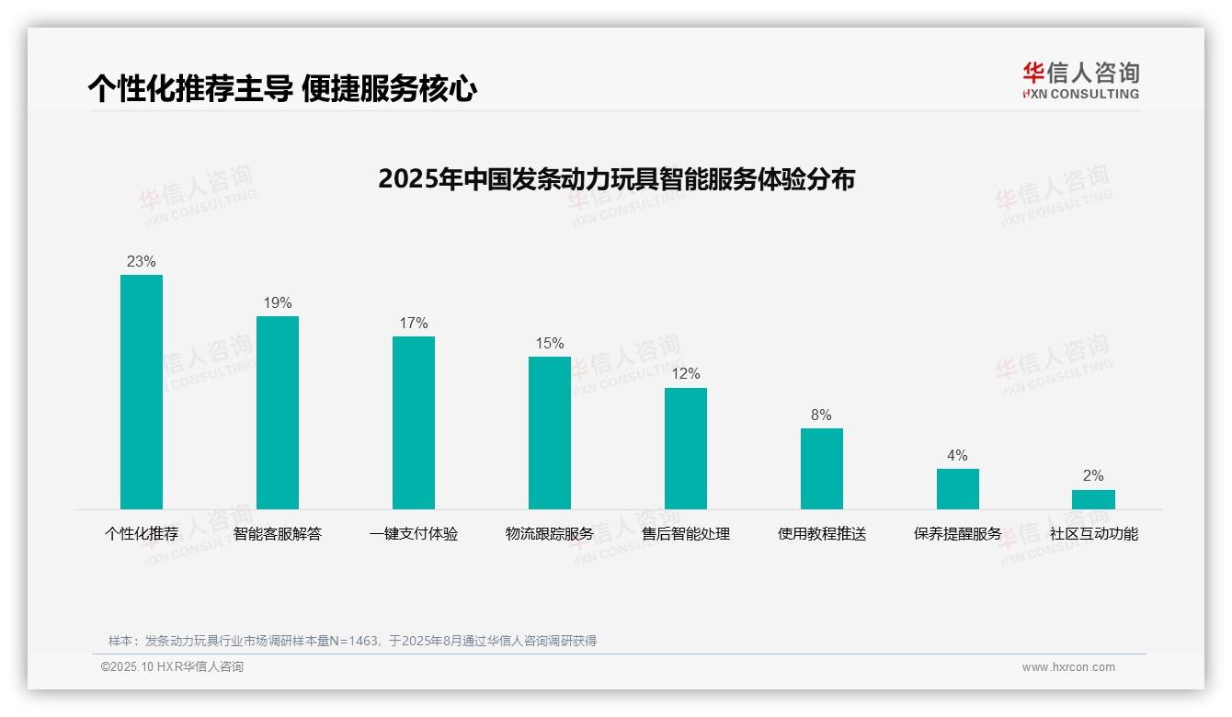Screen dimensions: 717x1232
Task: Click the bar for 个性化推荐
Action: click(x=142, y=392)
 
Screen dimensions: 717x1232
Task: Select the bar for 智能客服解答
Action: click(x=278, y=412)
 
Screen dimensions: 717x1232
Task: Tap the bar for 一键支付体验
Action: click(x=414, y=422)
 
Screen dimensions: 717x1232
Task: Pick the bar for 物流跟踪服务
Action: click(x=550, y=432)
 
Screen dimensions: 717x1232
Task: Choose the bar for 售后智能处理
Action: click(x=686, y=448)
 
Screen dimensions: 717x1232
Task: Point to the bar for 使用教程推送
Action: click(x=822, y=468)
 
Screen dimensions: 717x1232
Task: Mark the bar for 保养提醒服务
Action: click(x=958, y=488)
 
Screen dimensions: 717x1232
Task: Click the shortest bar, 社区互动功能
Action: click(x=1093, y=499)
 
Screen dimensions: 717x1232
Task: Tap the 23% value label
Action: click(x=142, y=261)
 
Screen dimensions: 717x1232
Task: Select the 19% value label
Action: click(x=278, y=302)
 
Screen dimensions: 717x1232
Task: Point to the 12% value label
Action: click(x=686, y=373)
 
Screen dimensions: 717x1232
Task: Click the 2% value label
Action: click(x=1093, y=475)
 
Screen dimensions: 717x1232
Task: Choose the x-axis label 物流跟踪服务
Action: click(x=550, y=533)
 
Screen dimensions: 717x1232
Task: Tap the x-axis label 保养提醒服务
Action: click(x=958, y=533)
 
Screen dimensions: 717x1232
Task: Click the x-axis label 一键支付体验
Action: click(x=414, y=533)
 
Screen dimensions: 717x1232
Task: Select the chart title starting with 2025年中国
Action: click(x=616, y=178)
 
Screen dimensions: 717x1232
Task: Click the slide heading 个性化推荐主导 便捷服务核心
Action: click(x=282, y=88)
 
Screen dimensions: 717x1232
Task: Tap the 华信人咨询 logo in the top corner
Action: click(x=1080, y=80)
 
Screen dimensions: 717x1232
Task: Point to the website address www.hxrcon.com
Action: click(x=1068, y=667)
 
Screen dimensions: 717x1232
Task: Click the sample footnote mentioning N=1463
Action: click(x=352, y=641)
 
